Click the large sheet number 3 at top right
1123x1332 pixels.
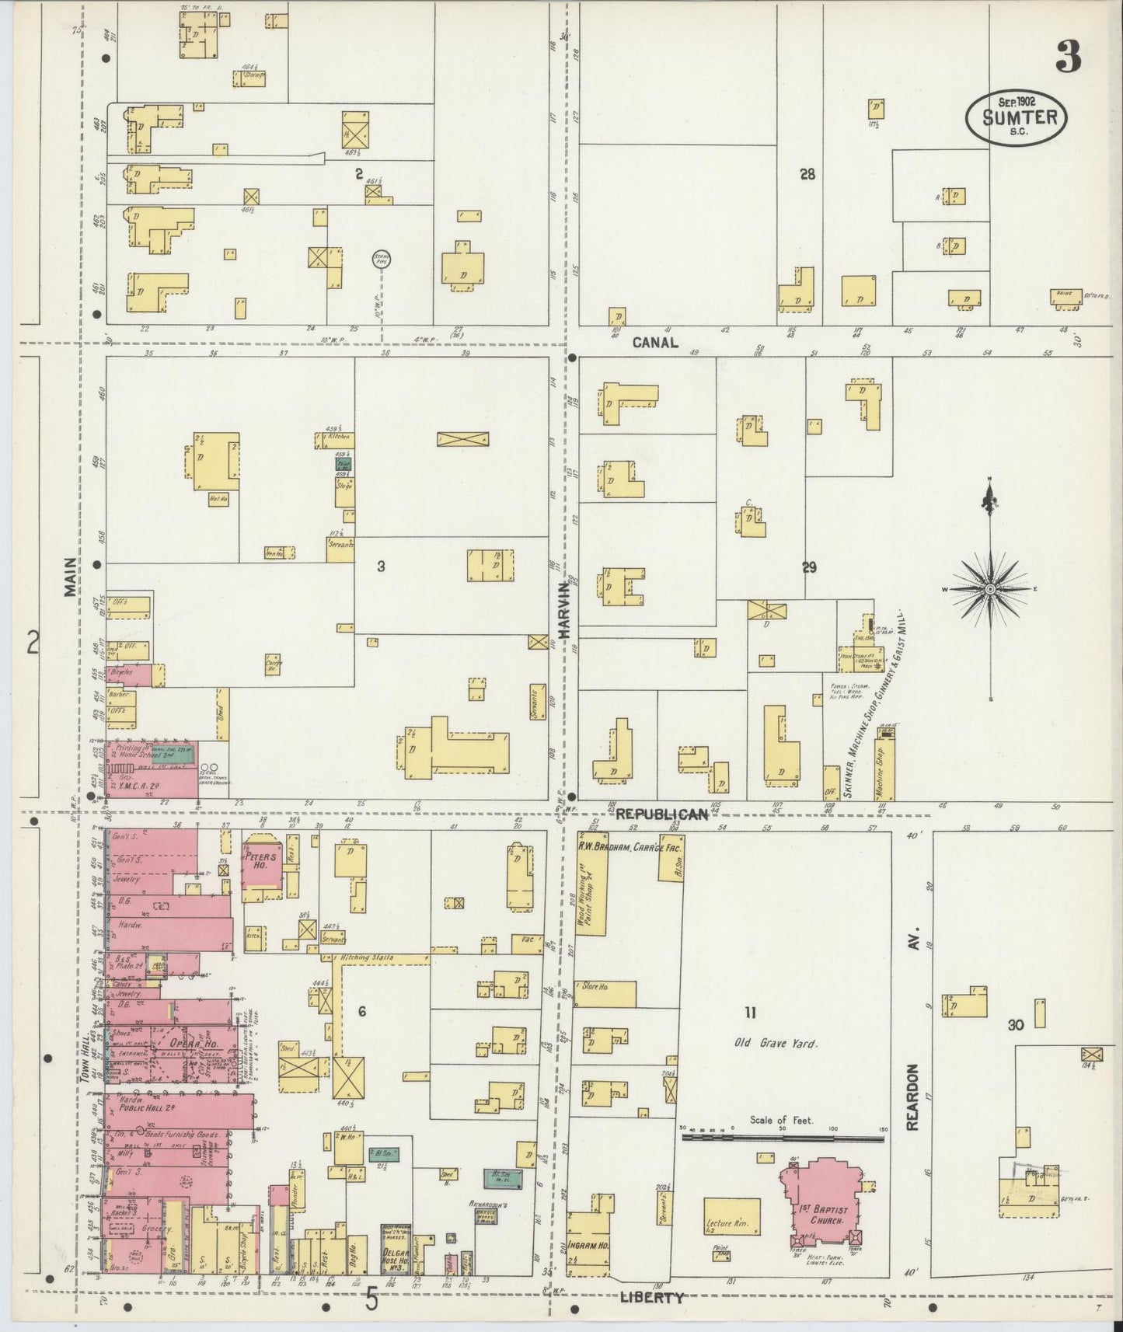1069,56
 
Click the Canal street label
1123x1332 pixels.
654,342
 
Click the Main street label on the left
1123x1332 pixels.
71,576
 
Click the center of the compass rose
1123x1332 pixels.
991,590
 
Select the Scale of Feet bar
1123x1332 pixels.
783,1138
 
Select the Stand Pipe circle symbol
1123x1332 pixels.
382,259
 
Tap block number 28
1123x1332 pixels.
807,174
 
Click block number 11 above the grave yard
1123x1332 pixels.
749,1013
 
